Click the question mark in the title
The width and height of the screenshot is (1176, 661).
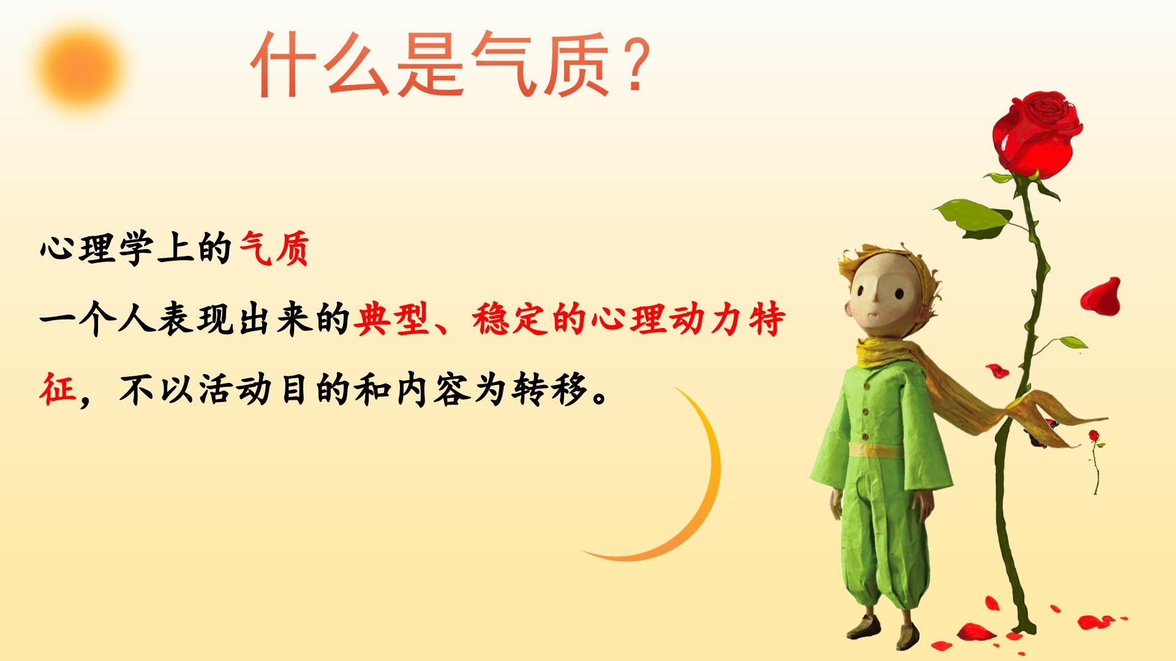coord(630,64)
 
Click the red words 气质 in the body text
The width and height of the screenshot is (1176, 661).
coord(274,250)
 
